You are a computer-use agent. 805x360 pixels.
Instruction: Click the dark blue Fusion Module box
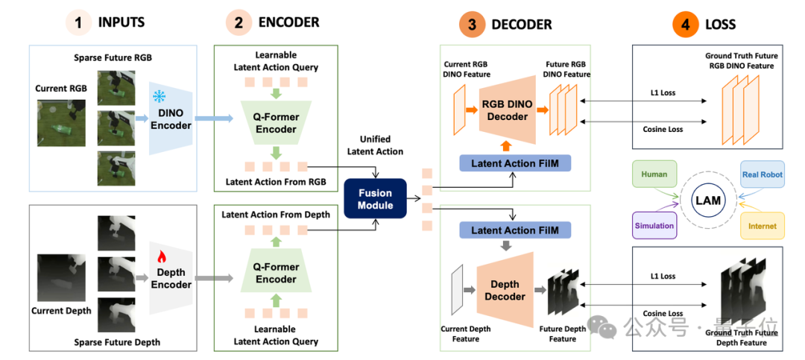(375, 199)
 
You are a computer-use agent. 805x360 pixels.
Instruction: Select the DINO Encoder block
(171, 118)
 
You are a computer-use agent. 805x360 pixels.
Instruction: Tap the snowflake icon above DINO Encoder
(160, 97)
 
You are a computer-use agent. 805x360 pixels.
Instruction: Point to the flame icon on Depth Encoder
(160, 254)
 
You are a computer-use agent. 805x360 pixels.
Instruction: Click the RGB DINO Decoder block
(507, 110)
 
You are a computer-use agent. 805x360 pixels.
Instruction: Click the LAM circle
(708, 200)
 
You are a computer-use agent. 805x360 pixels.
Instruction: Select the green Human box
(654, 174)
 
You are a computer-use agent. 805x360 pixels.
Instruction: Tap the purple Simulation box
(654, 225)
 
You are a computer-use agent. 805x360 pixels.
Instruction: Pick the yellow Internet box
(763, 225)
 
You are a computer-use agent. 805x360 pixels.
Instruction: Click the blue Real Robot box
(763, 174)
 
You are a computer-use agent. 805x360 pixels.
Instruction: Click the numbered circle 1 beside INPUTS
(78, 22)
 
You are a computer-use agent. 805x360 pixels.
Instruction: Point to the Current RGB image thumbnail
(54, 123)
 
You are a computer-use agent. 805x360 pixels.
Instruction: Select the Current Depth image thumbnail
(54, 278)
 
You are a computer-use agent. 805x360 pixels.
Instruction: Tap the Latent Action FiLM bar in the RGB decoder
(516, 162)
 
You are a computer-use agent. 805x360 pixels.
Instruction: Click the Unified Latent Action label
(375, 145)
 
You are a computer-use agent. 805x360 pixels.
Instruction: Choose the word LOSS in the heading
(720, 24)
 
